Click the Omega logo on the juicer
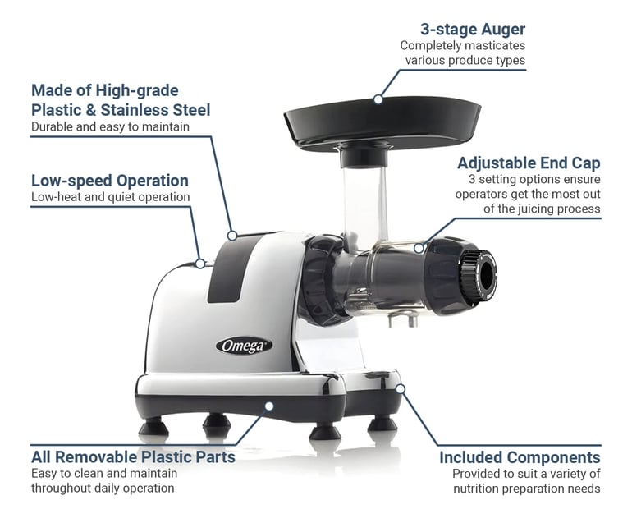point(244,346)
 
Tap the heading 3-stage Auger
point(473,30)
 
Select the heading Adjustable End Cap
point(529,163)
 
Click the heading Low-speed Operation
point(110,181)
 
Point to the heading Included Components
point(520,457)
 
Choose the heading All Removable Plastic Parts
point(133,456)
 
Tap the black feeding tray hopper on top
point(382,119)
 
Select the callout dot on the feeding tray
point(378,99)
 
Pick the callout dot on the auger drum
point(419,247)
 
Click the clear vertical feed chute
point(364,201)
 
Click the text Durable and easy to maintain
point(110,127)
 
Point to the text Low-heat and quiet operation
point(110,197)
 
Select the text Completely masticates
point(463,46)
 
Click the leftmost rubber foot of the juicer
point(153,426)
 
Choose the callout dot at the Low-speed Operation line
point(200,264)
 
